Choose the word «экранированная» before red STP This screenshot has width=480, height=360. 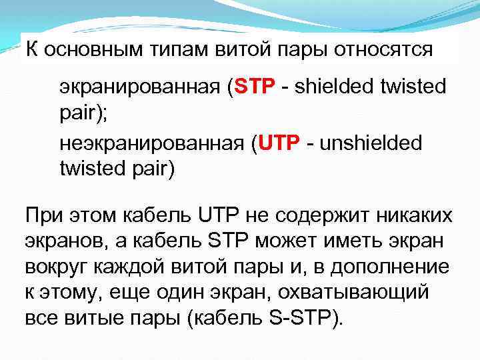click(141, 87)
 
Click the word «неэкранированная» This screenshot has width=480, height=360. click(154, 144)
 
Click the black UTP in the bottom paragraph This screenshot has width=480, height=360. click(219, 217)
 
